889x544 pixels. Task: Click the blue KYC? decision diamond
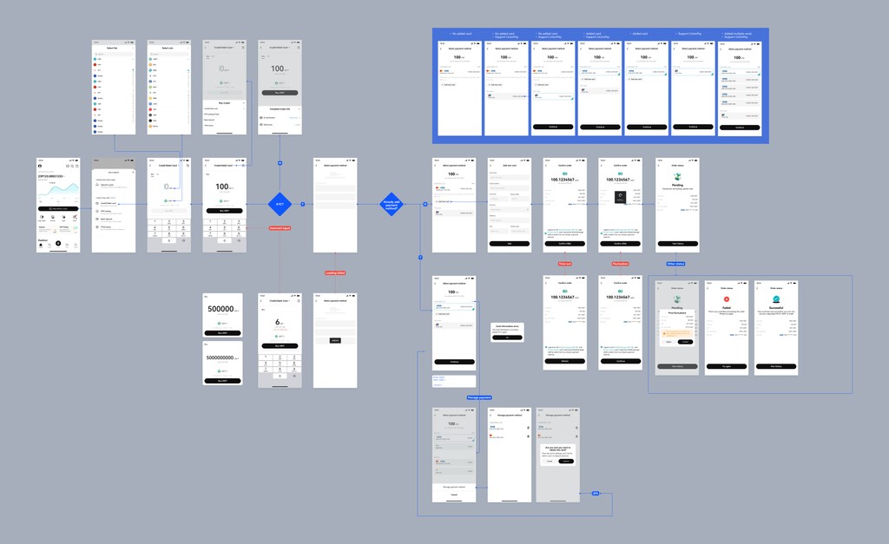(x=280, y=204)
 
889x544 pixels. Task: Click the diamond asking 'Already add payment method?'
(x=391, y=204)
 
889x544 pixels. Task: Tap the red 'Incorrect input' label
(x=280, y=227)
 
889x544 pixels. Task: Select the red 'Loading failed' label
(x=335, y=272)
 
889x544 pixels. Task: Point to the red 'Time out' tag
(x=564, y=264)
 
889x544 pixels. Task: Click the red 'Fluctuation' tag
(x=620, y=264)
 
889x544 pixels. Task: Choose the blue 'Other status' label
(x=676, y=264)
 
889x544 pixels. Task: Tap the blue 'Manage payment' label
(x=478, y=397)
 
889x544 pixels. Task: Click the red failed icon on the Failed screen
(x=726, y=299)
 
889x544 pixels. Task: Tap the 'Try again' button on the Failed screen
(x=726, y=367)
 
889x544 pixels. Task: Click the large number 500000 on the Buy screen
(x=221, y=309)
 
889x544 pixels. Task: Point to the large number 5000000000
(x=221, y=357)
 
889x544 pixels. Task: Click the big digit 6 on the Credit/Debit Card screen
(x=279, y=323)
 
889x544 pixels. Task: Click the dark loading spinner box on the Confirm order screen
(x=620, y=197)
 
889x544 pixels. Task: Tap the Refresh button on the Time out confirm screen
(x=564, y=361)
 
